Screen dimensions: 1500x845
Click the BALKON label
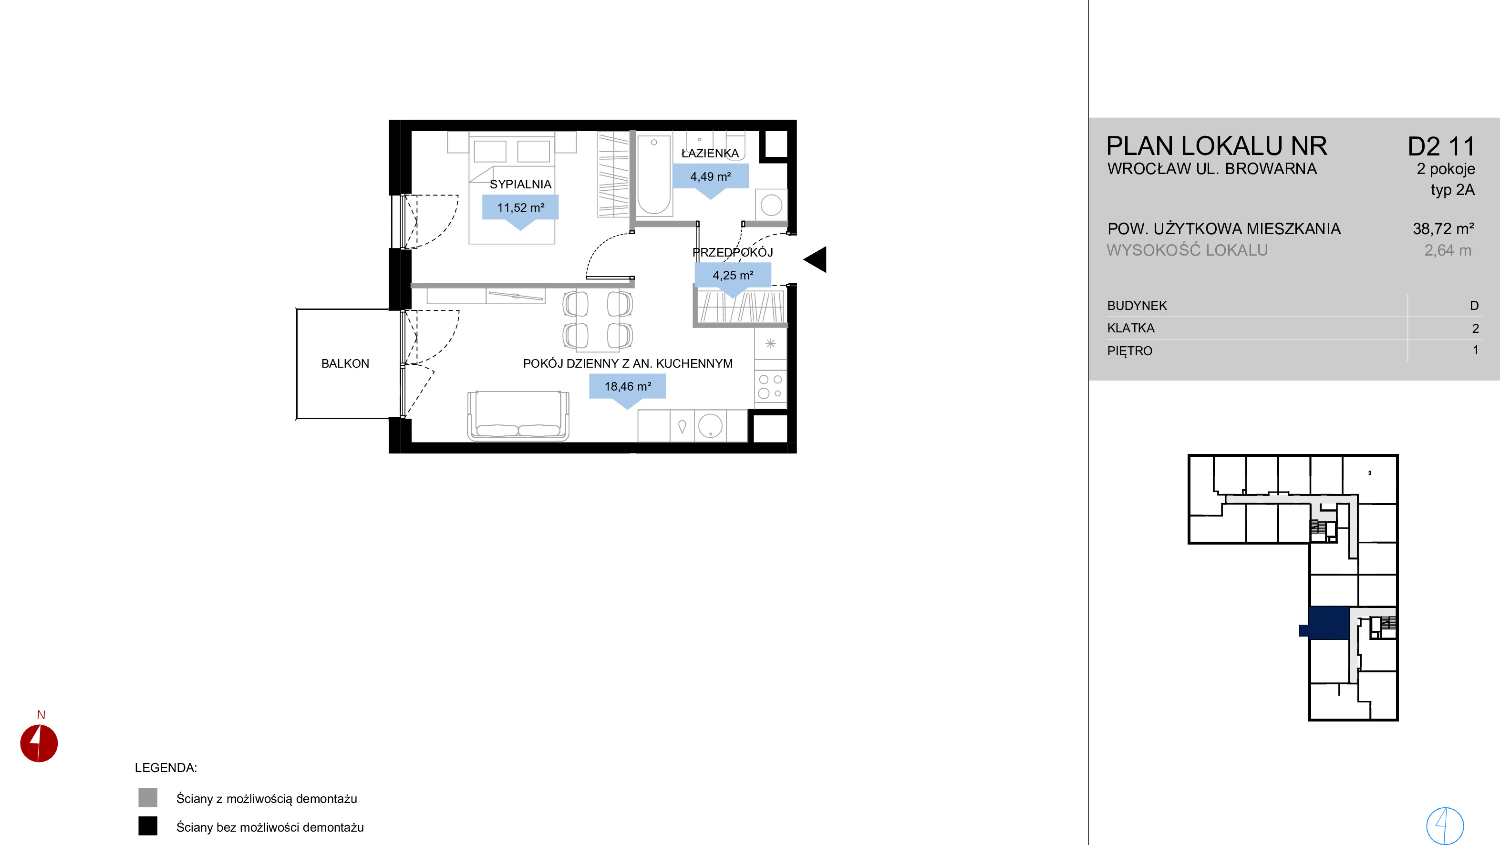click(345, 363)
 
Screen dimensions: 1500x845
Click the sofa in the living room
click(518, 415)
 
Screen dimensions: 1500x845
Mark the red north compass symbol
click(39, 743)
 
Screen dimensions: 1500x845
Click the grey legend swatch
click(148, 797)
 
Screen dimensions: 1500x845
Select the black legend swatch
click(148, 826)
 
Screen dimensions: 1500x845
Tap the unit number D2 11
click(1441, 147)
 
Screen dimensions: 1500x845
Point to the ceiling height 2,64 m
click(1448, 250)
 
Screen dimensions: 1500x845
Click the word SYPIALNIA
click(520, 184)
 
